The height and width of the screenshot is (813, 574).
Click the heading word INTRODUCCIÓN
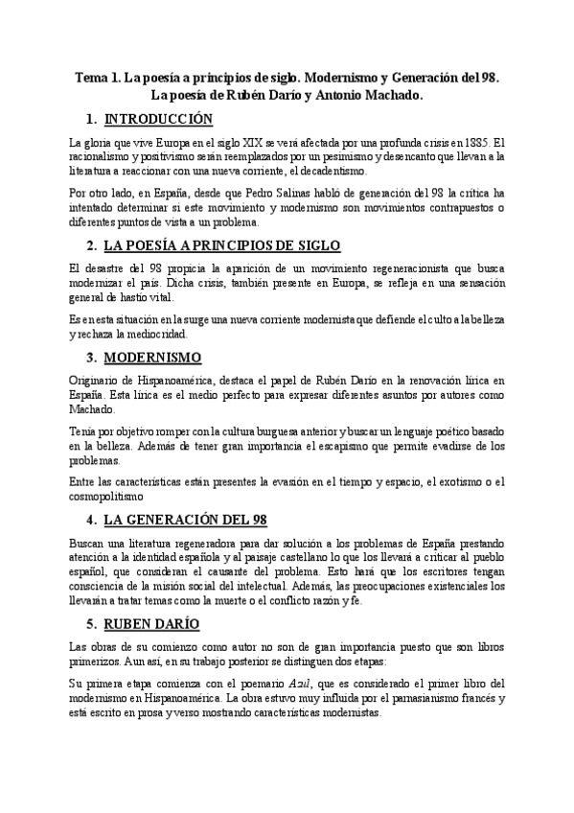(158, 120)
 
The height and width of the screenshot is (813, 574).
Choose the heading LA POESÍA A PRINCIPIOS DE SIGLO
(221, 245)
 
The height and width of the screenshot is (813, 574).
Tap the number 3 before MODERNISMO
(89, 358)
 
